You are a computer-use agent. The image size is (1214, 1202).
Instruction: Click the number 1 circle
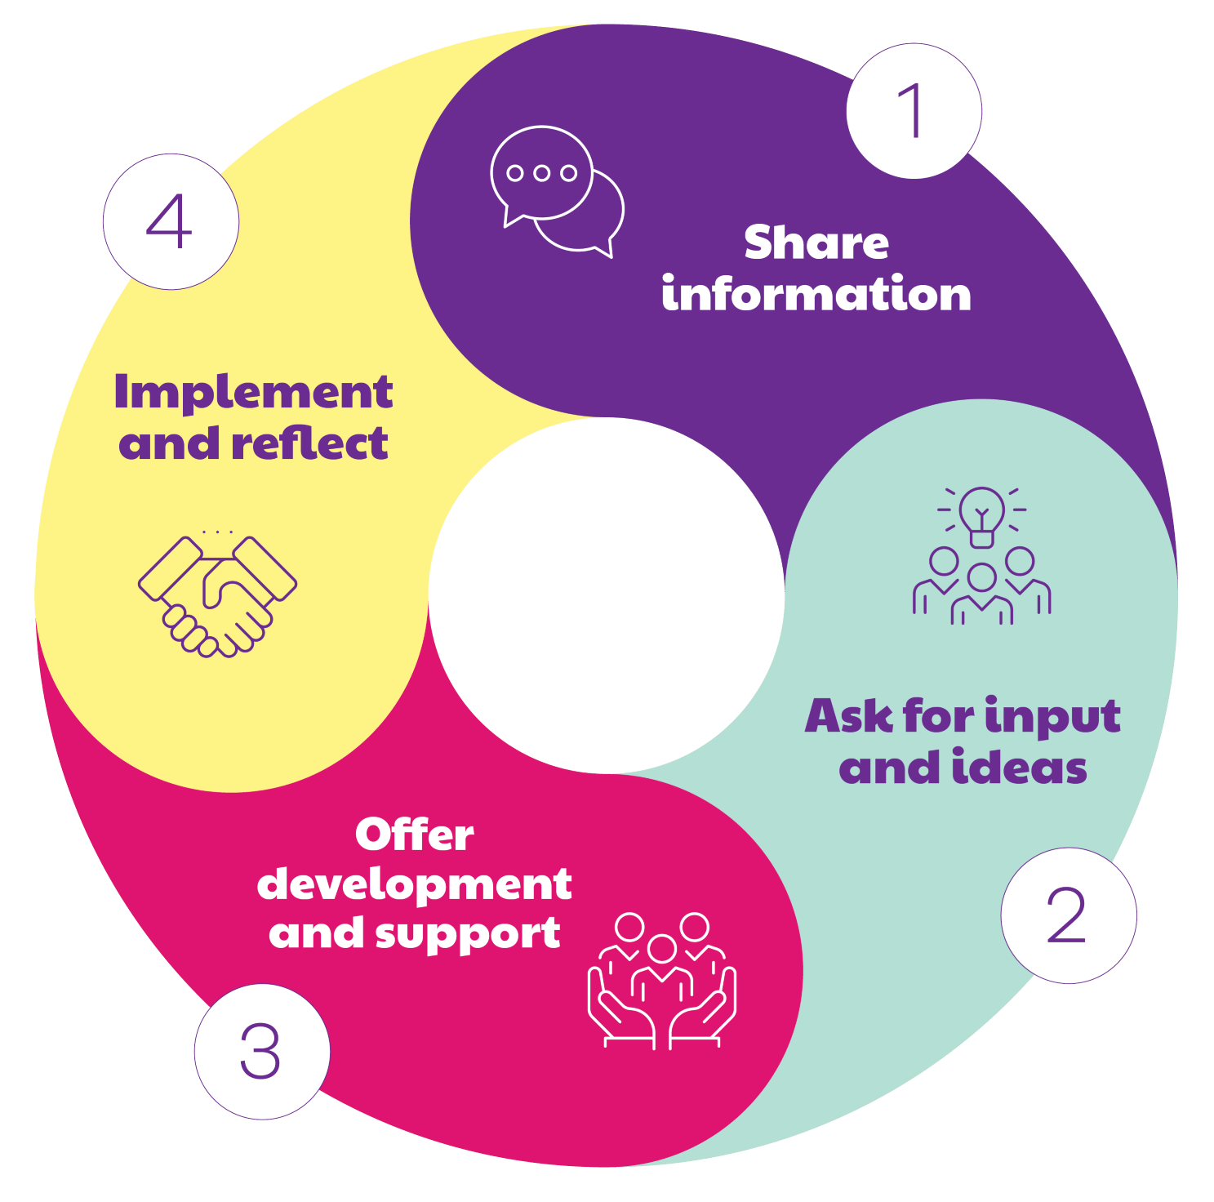914,111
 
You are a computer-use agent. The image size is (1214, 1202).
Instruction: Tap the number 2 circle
1068,915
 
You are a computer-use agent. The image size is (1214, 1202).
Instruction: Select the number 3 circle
261,1051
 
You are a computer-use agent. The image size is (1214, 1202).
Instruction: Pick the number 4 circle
171,221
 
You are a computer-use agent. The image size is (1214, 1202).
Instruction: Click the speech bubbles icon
557,191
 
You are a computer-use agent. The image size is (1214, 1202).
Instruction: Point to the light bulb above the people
982,514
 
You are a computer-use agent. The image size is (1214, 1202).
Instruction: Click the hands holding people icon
662,980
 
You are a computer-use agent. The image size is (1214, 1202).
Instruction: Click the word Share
816,243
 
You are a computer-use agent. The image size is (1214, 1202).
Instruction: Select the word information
816,295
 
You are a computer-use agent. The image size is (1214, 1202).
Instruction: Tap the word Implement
253,393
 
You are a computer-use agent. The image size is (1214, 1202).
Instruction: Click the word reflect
309,444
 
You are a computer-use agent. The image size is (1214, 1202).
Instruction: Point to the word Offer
414,835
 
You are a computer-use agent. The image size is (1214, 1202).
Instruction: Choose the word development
414,885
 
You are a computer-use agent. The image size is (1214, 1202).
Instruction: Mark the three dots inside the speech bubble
541,173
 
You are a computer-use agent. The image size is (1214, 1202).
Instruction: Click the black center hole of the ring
606,595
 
